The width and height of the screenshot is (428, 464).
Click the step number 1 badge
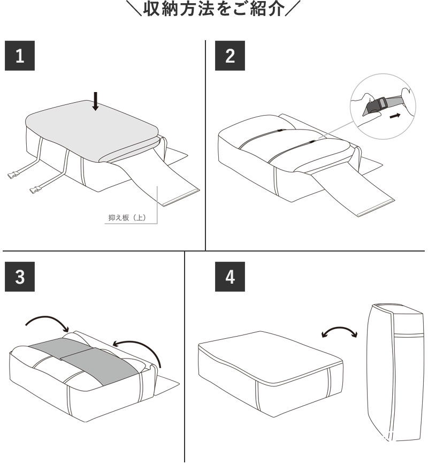[20, 56]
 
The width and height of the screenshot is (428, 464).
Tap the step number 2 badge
[230, 56]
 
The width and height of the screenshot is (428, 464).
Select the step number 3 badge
[20, 276]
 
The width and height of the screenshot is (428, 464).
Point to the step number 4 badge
[230, 276]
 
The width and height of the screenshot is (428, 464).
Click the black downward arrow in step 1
[95, 101]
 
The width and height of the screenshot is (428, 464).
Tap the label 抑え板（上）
[127, 218]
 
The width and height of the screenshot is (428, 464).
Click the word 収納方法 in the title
[180, 9]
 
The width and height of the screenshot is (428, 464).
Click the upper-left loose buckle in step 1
[14, 175]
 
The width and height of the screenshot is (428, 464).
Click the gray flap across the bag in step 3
[86, 360]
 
